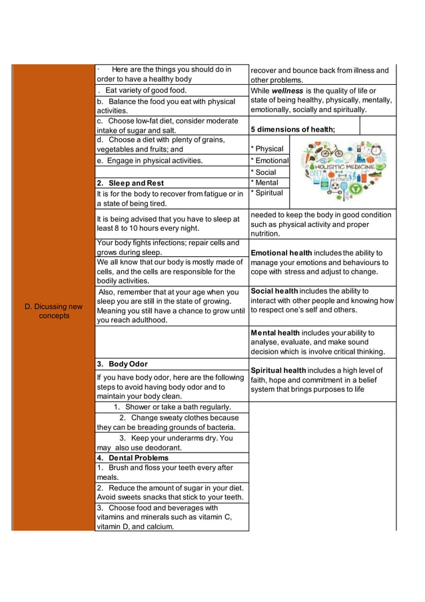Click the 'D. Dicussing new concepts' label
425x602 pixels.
click(53, 311)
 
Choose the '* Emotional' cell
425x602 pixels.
click(270, 161)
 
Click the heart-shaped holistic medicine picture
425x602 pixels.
click(341, 170)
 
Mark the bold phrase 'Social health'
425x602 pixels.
click(274, 291)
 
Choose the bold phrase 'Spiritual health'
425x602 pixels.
click(278, 370)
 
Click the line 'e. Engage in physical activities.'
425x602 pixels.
click(149, 161)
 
